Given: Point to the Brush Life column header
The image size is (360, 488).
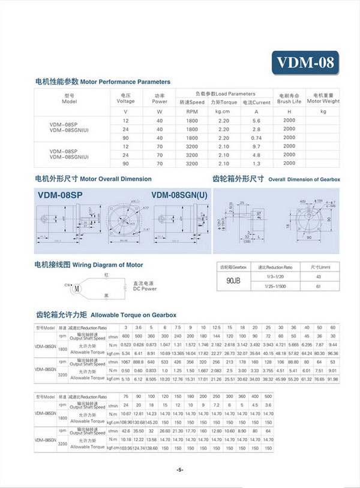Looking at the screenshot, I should point(289,99).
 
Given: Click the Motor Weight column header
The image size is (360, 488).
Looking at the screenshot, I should point(323,99).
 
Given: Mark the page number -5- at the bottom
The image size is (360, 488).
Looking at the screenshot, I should point(179,469).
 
